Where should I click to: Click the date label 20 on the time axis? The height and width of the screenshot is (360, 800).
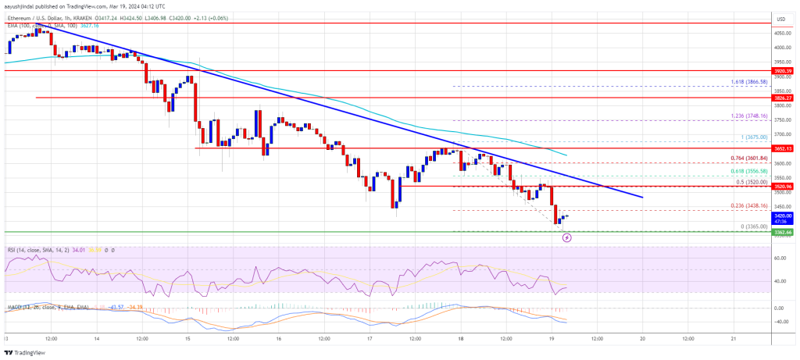click(642, 339)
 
